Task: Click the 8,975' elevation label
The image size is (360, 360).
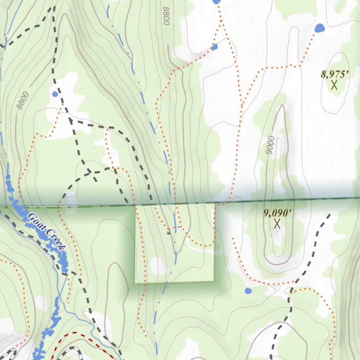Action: click(335, 75)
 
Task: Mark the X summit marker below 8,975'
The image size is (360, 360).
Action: click(334, 85)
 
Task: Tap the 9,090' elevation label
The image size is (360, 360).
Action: click(277, 213)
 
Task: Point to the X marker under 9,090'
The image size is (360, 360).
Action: click(277, 224)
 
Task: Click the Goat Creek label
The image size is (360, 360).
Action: click(47, 232)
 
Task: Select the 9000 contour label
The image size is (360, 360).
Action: click(270, 146)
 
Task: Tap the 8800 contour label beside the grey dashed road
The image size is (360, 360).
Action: click(22, 101)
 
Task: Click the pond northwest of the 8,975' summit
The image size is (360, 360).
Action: click(319, 28)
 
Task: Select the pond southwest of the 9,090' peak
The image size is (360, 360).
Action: click(248, 291)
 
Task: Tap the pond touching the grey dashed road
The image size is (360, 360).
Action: click(55, 94)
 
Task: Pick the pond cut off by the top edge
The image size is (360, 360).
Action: click(217, 2)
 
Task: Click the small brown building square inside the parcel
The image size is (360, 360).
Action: click(169, 232)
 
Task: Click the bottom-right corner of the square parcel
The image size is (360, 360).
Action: click(214, 281)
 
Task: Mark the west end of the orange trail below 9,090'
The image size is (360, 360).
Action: click(232, 238)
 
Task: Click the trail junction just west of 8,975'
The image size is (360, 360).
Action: click(301, 66)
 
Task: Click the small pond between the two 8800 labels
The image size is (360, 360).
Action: click(214, 46)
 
